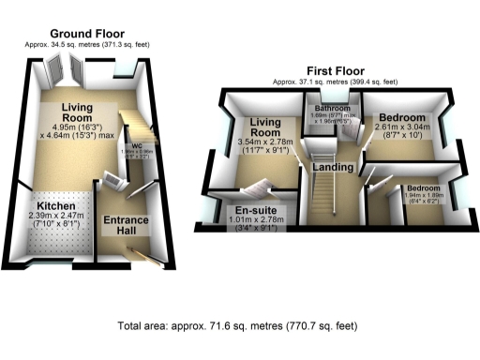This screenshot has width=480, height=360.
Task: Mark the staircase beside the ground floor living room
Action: pos(140,121)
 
